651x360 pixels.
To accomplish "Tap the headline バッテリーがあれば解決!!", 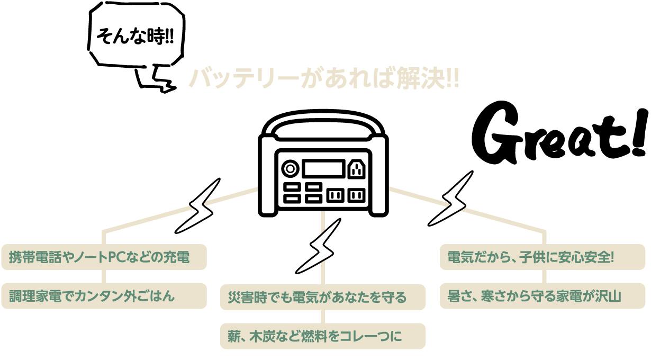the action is point(324,78).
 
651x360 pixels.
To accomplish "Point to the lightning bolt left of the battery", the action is point(197,206).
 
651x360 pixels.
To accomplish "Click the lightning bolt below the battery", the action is point(318,246).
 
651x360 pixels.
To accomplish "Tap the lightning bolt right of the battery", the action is point(450,199).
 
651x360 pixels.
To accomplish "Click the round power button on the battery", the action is point(290,169).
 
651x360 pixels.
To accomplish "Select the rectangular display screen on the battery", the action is point(323,169).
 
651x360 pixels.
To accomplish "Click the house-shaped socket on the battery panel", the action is point(357,169).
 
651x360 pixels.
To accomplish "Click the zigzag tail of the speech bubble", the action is point(156,78).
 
